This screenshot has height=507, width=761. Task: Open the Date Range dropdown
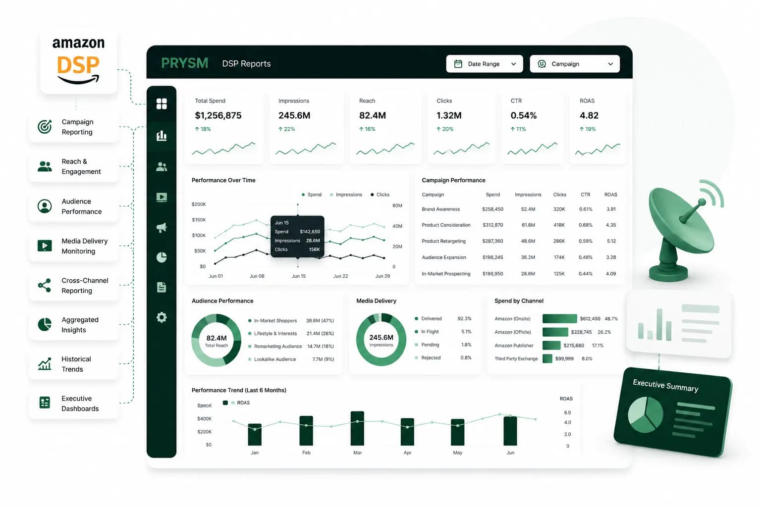pos(484,64)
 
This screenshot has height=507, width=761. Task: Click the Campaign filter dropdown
pos(575,64)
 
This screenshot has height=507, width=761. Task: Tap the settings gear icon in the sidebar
pos(162,317)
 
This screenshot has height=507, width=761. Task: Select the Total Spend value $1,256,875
pos(218,115)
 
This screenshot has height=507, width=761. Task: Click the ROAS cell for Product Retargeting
pos(611,241)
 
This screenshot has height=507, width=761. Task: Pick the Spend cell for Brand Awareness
pos(492,209)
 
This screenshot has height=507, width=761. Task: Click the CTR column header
pos(585,195)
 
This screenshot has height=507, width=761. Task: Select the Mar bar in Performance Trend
pos(357,428)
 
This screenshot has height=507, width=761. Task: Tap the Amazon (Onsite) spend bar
pos(559,318)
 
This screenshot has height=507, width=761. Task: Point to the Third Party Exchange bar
pos(547,358)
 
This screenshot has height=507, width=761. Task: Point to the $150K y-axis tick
pos(199,220)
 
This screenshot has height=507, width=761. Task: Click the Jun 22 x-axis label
pos(340,276)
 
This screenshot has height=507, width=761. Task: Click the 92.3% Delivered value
pos(464,318)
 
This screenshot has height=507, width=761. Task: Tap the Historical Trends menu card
pos(74,364)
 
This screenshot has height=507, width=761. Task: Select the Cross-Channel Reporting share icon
pos(45,285)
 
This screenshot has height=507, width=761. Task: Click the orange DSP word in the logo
pos(78,65)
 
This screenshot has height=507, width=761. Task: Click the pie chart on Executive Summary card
pos(645,414)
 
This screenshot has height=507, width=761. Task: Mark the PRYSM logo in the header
pos(184,63)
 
